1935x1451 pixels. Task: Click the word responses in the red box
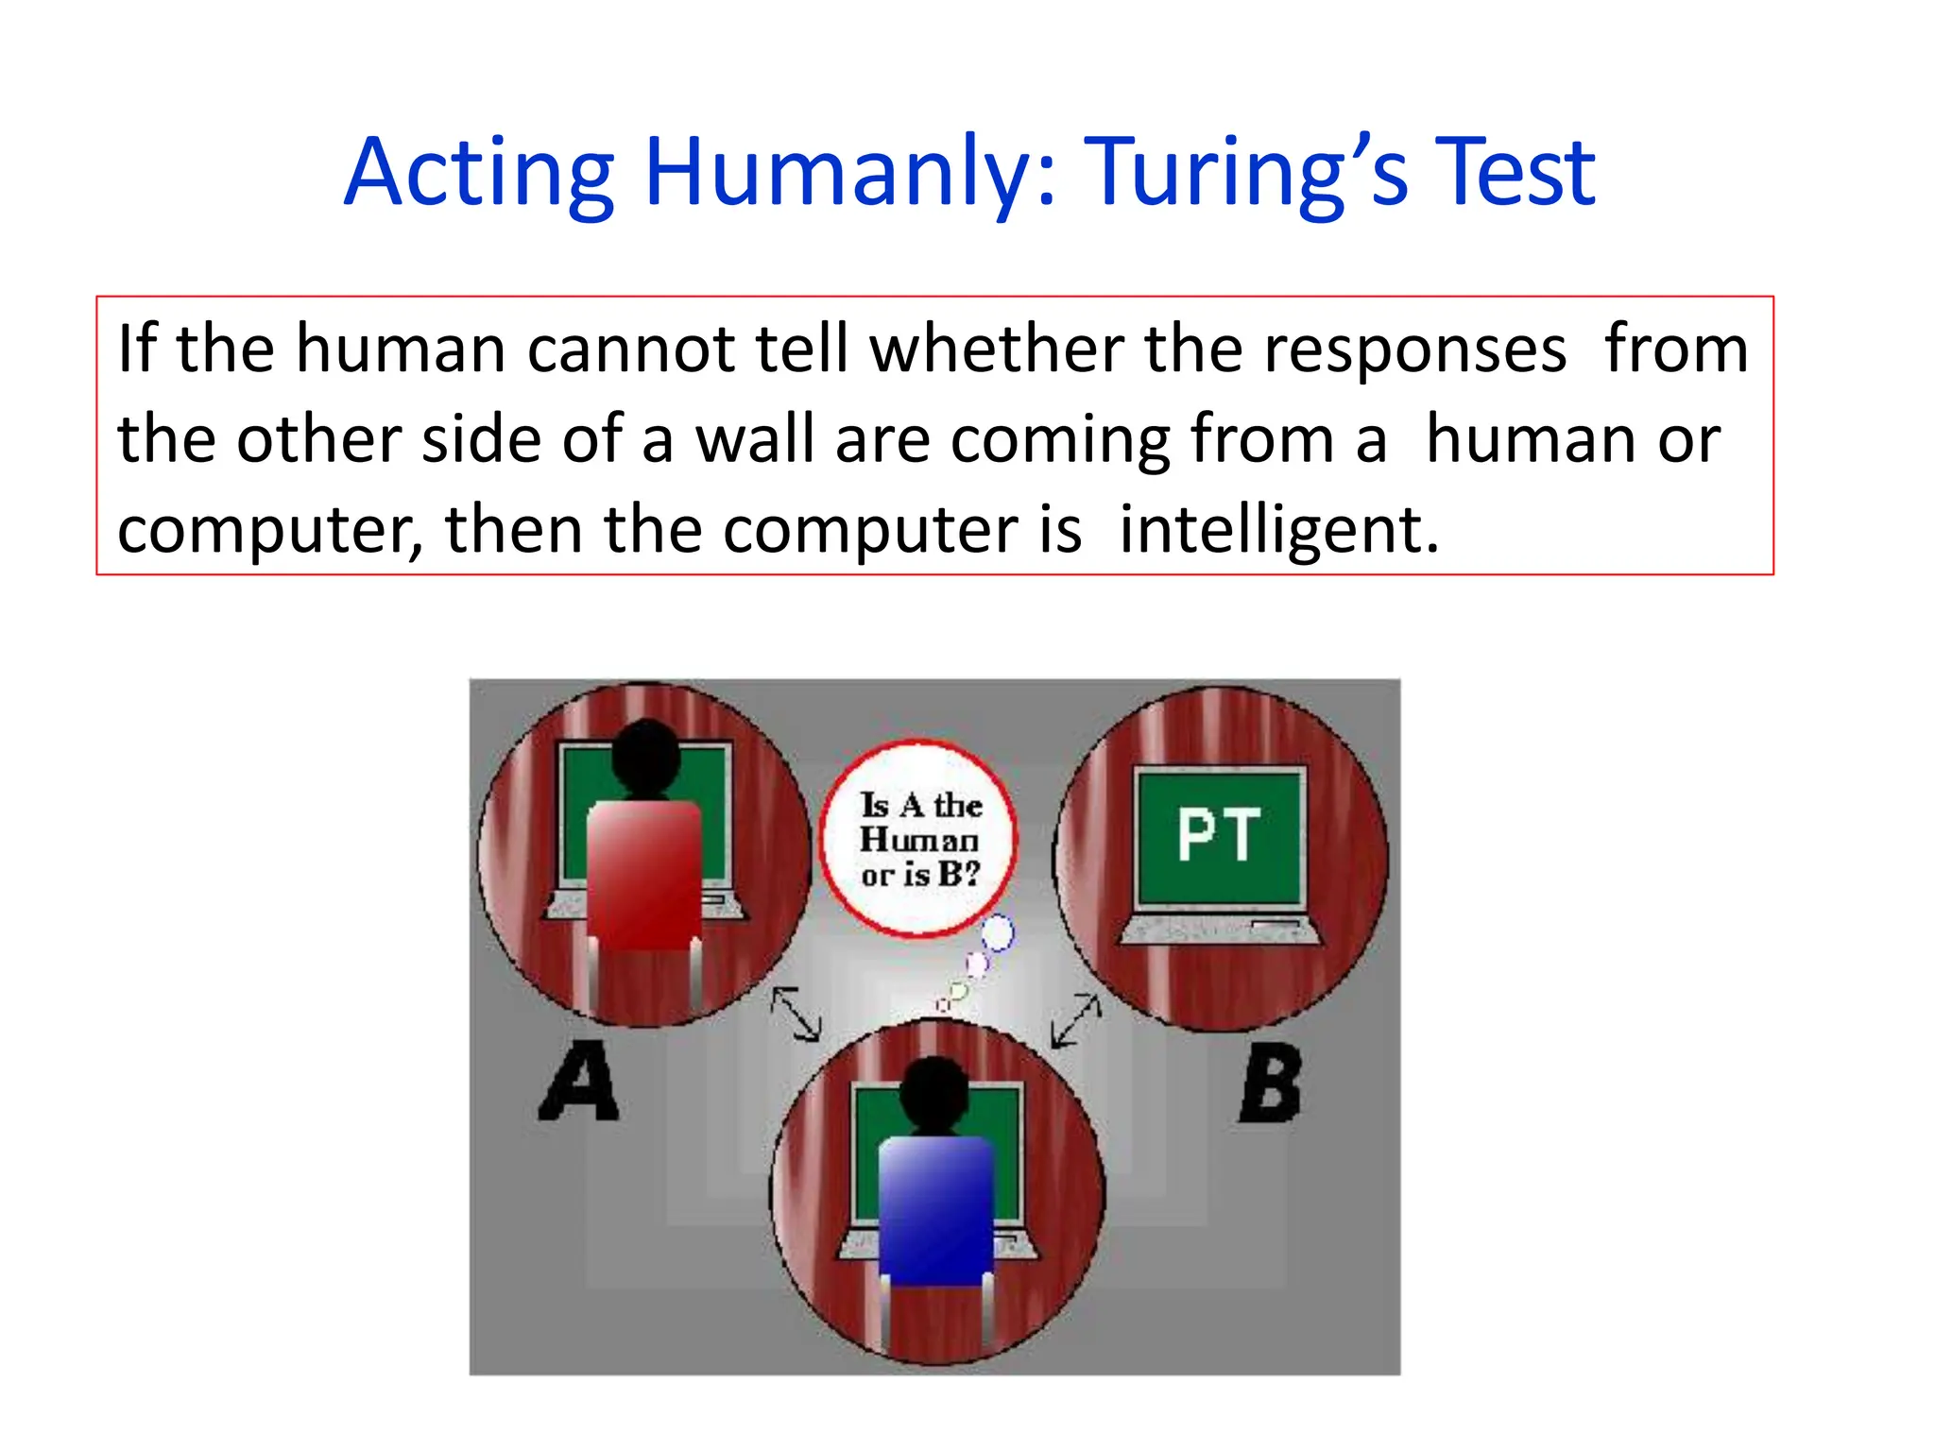[x=1414, y=350]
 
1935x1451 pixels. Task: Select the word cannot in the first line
[x=629, y=350]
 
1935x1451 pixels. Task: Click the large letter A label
[x=580, y=1082]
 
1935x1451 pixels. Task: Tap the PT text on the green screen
[x=1219, y=835]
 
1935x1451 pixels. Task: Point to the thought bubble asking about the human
[x=918, y=839]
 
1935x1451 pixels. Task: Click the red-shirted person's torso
[x=644, y=874]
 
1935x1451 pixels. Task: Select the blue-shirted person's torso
[x=936, y=1209]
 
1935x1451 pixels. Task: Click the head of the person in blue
[x=933, y=1091]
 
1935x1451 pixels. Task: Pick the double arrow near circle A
[x=796, y=1014]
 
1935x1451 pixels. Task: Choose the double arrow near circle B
[x=1077, y=1020]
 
